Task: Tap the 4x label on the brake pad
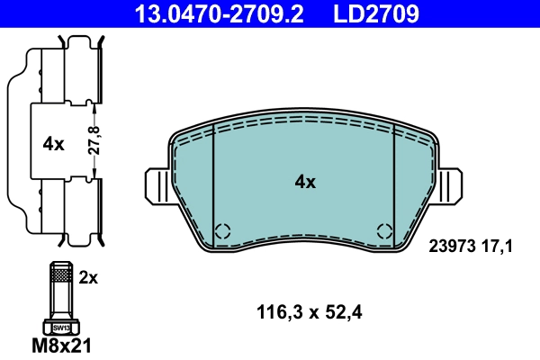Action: coord(305,182)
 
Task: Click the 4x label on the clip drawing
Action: coord(53,142)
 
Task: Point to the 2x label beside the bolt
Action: coord(87,278)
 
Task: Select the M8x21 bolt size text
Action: coord(62,345)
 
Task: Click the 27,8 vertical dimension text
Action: coord(92,141)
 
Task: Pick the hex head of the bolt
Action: coord(61,327)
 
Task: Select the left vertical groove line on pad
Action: coord(212,184)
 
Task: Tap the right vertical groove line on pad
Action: coord(395,184)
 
